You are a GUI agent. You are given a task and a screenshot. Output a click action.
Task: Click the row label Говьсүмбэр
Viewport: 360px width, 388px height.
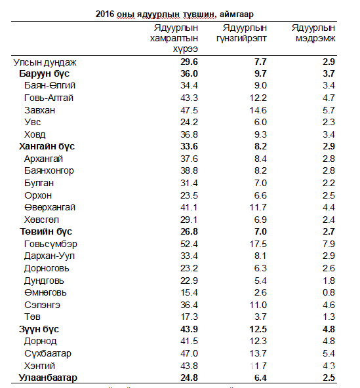point(50,244)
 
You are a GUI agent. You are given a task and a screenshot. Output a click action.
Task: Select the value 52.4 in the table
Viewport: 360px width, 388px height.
point(189,244)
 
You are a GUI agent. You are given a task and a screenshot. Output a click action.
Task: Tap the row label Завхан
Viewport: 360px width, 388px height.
point(39,110)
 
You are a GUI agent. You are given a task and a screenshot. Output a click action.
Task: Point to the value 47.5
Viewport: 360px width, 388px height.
point(189,110)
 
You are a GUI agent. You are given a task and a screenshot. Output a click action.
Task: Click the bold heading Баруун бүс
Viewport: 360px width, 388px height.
point(45,73)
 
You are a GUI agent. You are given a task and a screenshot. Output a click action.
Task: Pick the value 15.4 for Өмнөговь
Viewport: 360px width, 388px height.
point(189,292)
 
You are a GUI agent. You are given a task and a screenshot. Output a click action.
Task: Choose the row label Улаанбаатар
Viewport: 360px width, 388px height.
point(48,378)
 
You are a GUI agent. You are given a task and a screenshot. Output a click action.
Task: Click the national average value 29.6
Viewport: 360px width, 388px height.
point(189,62)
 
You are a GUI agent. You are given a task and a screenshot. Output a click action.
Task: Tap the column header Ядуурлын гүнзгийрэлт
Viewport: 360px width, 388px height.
point(242,33)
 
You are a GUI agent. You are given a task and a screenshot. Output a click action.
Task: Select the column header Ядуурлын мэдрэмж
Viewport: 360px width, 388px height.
point(313,33)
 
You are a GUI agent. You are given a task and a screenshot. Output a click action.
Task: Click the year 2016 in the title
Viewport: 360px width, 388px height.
point(105,14)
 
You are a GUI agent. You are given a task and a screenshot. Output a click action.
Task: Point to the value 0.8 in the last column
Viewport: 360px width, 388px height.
point(329,292)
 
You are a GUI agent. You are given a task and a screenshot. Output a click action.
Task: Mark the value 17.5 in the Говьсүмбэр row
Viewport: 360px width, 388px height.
point(258,244)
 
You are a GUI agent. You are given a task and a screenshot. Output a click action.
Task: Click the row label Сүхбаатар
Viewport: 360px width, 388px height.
point(48,353)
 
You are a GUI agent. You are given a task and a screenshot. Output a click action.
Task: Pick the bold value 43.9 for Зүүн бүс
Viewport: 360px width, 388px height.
point(189,329)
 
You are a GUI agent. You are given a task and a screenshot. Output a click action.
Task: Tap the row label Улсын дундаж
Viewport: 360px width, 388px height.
point(45,62)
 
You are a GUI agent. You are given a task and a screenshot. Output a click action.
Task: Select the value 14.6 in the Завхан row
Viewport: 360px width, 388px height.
point(258,110)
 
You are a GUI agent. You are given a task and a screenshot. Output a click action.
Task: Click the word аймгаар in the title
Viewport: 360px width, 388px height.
point(237,14)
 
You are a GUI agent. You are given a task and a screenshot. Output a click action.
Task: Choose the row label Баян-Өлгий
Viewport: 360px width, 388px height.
point(50,86)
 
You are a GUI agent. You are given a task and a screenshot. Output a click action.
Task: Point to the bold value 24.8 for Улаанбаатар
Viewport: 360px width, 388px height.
point(189,378)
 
